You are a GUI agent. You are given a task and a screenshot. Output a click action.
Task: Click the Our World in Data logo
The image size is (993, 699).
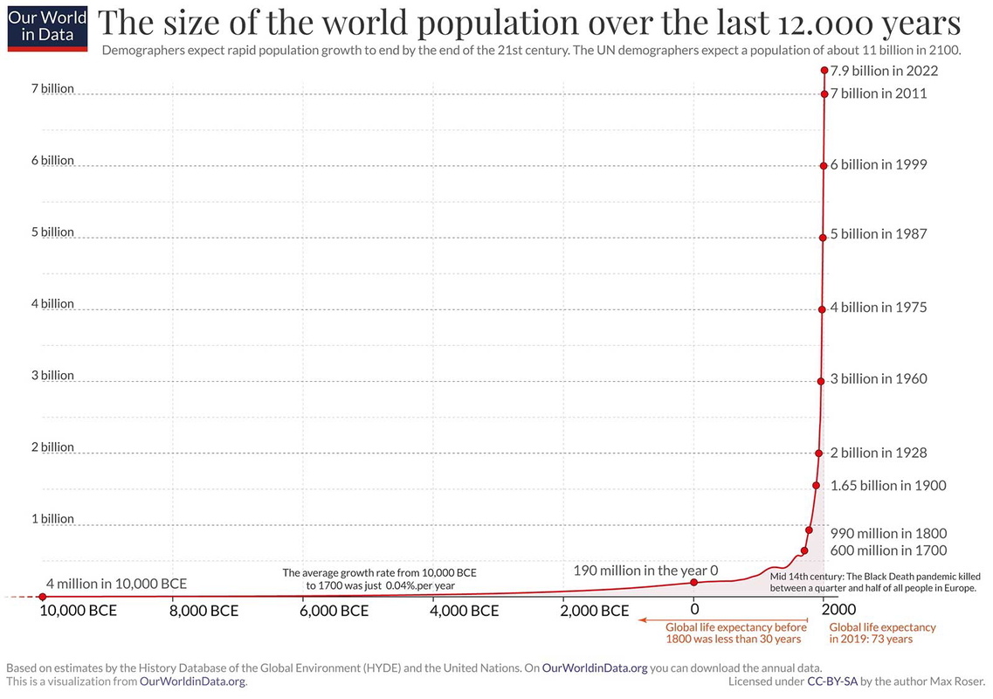(x=47, y=27)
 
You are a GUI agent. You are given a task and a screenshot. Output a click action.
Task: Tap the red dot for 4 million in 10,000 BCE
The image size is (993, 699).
(x=42, y=597)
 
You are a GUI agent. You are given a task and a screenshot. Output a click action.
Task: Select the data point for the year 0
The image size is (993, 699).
(x=693, y=582)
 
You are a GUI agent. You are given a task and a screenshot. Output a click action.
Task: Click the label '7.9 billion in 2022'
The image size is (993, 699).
(x=884, y=71)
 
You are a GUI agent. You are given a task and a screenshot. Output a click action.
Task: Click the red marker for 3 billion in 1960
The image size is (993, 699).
(x=821, y=381)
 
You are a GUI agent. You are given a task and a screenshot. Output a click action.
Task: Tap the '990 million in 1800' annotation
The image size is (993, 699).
(x=888, y=533)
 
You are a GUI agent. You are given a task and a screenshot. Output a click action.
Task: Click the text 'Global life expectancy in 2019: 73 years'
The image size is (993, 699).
(x=882, y=633)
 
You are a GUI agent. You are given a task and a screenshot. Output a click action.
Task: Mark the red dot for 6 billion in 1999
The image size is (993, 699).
(x=824, y=166)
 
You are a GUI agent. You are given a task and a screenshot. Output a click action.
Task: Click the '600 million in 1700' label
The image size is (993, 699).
(x=888, y=550)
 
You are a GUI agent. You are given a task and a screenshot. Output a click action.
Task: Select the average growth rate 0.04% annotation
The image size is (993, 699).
(x=380, y=579)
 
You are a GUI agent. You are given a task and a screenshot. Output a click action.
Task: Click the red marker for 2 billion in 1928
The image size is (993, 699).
(x=819, y=453)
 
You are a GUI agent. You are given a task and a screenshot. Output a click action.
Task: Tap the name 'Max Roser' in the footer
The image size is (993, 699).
(x=958, y=681)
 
